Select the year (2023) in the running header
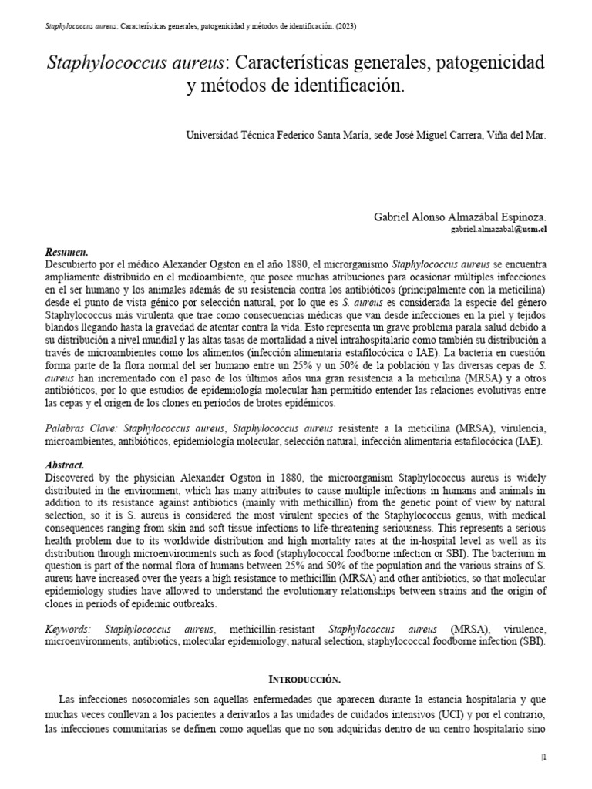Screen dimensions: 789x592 (345, 26)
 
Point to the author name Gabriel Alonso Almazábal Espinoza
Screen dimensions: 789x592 (460, 218)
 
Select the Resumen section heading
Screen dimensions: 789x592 (67, 252)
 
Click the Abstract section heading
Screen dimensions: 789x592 (65, 465)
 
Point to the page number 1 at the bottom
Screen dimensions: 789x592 (544, 758)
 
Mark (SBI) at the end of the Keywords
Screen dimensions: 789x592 (531, 642)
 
